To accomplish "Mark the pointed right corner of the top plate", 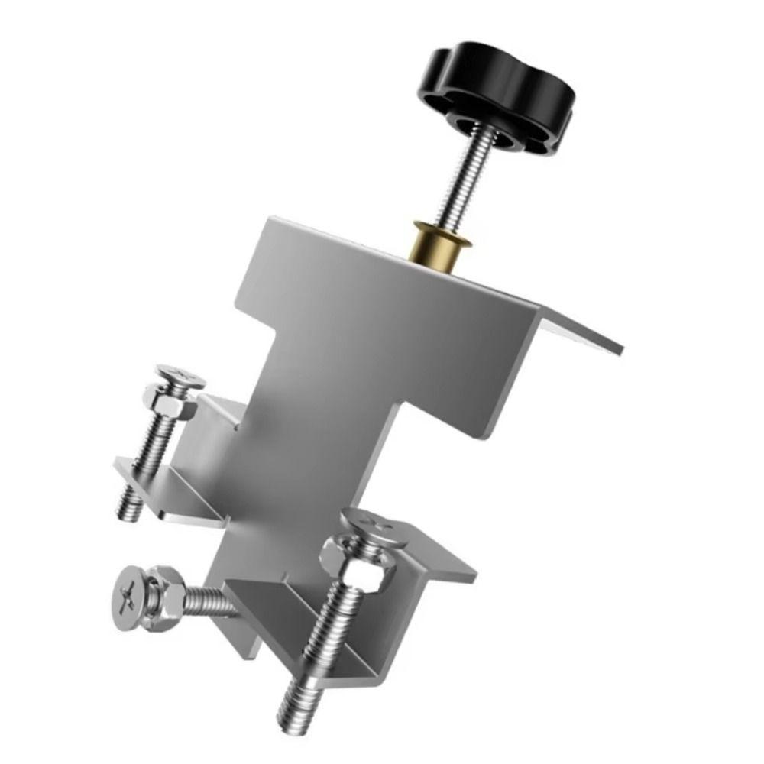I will click(x=620, y=352).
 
